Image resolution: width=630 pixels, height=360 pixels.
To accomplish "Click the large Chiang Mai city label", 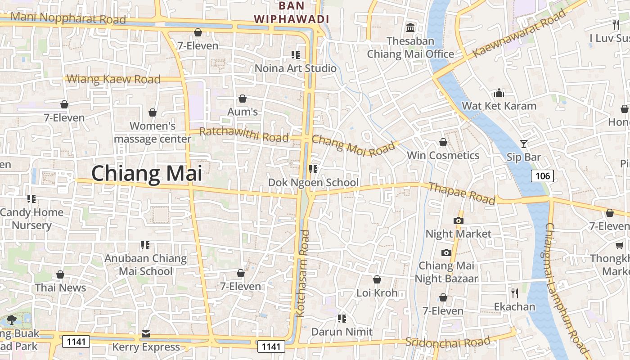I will coord(147,174).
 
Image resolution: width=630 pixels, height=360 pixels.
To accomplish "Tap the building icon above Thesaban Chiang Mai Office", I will coord(410,28).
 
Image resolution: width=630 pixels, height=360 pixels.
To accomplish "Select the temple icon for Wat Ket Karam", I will coord(499,93).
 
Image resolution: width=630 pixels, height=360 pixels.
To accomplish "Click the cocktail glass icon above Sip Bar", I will coord(523,144).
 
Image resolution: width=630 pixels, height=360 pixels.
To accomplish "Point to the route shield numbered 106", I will coord(543,175).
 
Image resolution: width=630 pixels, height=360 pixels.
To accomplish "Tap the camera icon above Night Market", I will coord(458,220).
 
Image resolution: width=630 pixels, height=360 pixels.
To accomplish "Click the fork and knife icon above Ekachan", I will coord(515,293).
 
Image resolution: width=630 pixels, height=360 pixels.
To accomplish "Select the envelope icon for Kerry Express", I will coord(146,334).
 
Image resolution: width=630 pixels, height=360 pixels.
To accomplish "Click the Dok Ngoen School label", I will coord(313,182).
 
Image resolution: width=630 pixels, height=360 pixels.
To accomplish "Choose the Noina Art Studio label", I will coord(295,68).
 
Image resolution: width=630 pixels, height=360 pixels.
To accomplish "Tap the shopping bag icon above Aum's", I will coord(243,98).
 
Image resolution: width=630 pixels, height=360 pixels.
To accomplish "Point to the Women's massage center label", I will coord(153,132).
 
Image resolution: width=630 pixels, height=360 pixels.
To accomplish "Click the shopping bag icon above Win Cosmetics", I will coord(443,142).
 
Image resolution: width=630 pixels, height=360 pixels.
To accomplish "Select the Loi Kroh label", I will coord(377,293).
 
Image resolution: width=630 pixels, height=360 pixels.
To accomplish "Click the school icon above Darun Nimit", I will coord(342,319).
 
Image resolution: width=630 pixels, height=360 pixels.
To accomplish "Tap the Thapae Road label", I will coord(461,193).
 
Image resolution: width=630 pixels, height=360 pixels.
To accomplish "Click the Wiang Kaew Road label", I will coord(113,79).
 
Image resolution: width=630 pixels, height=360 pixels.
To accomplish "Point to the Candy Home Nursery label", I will coord(31,218).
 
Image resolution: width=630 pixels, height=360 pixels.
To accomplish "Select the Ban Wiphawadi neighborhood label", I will coord(292,13).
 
